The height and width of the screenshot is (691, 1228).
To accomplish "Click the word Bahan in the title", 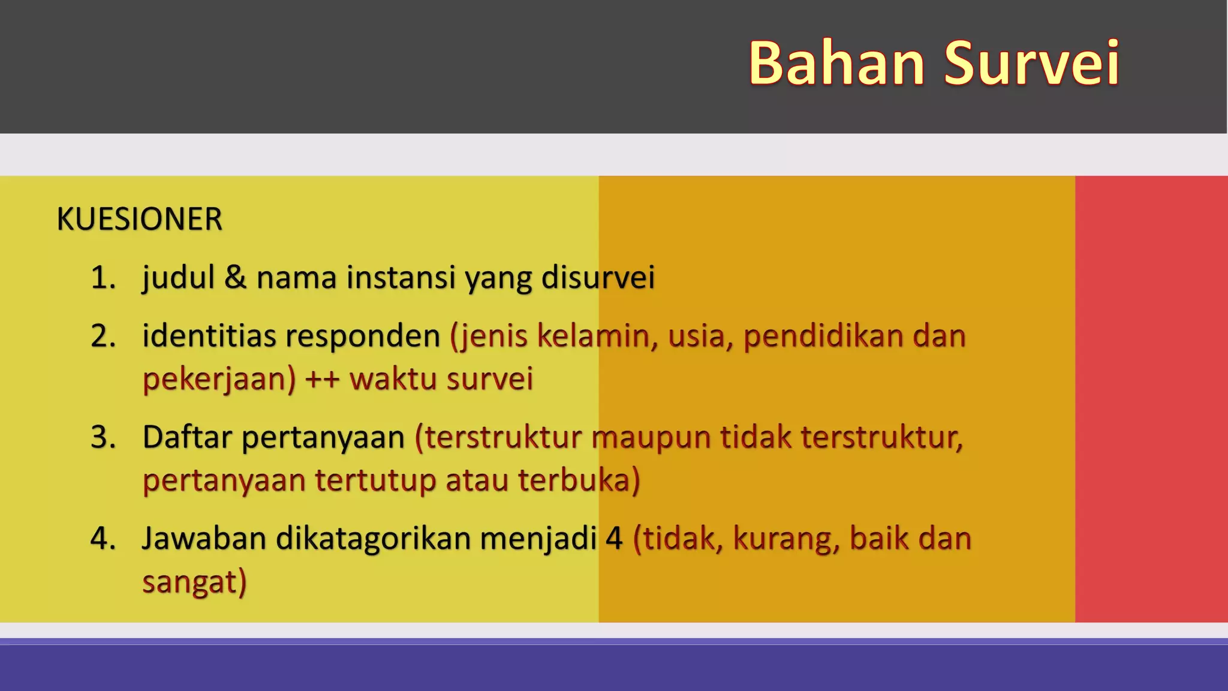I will pyautogui.click(x=837, y=63).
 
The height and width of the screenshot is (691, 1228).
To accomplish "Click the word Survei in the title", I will pyautogui.click(x=1031, y=63).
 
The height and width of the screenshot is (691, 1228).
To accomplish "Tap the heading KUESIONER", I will pyautogui.click(x=139, y=219).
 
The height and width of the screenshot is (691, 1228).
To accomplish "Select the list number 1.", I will pyautogui.click(x=103, y=278).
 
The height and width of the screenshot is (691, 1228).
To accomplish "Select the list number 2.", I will pyautogui.click(x=103, y=336).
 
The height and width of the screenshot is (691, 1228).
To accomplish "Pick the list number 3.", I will pyautogui.click(x=103, y=437).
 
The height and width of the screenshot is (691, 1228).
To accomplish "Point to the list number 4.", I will pyautogui.click(x=103, y=538).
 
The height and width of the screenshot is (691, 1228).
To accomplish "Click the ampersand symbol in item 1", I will pyautogui.click(x=235, y=278).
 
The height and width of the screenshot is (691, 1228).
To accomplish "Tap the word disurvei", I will pyautogui.click(x=598, y=278).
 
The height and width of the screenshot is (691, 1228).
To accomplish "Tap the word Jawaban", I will pyautogui.click(x=204, y=538).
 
